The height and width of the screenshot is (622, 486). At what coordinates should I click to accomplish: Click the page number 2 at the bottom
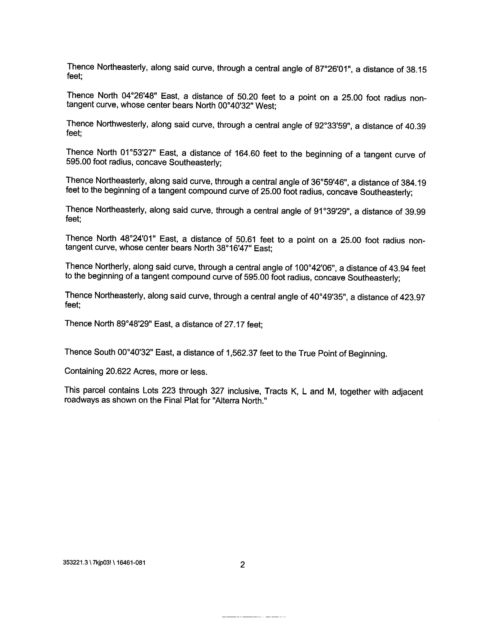(x=242, y=565)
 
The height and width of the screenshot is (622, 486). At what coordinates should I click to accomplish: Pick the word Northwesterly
(x=121, y=124)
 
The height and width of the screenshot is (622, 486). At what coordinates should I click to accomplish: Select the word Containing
(x=84, y=371)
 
